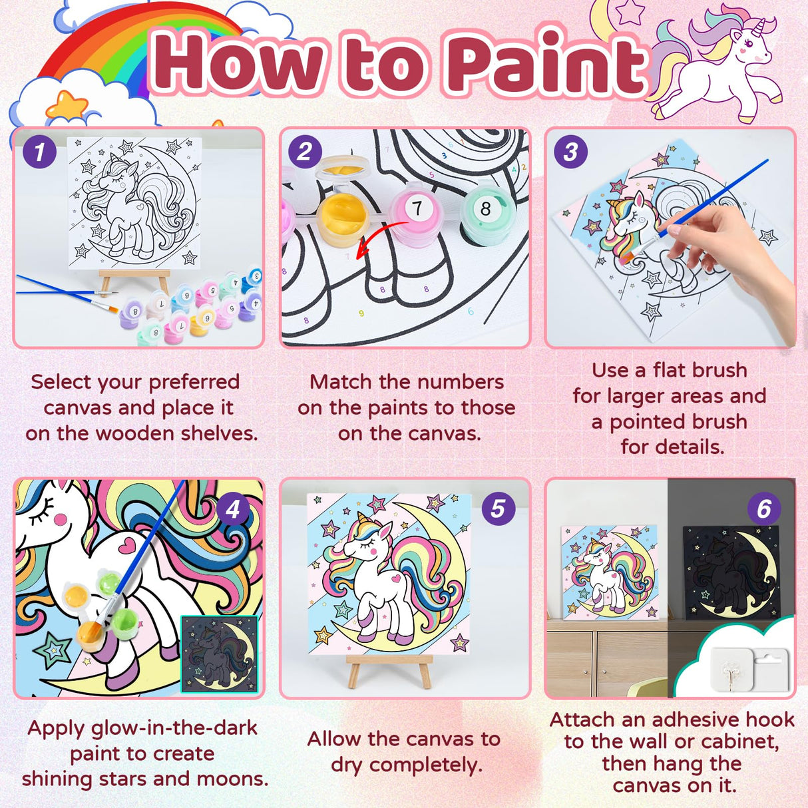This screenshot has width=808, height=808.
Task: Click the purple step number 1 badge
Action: [39, 152]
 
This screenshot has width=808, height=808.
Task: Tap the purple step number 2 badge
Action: [305, 152]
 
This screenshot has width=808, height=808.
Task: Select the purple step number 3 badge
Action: [570, 152]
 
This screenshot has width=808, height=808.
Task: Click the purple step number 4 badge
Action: [233, 509]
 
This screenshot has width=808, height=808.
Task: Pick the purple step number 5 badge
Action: [498, 509]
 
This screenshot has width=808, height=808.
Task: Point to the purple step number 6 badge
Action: [763, 509]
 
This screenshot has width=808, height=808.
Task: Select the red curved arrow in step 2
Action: [376, 241]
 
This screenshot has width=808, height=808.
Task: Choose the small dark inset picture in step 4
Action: [220, 654]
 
